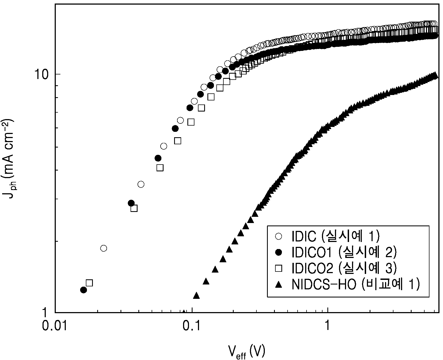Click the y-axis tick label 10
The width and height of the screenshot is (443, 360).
(41, 74)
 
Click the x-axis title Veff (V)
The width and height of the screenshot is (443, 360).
(246, 352)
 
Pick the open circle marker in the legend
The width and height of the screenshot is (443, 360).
(278, 237)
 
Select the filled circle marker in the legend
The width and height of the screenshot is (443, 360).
(278, 253)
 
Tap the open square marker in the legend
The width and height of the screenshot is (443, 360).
(278, 269)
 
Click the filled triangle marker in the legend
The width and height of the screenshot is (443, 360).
(278, 284)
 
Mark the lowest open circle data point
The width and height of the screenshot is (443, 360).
(103, 248)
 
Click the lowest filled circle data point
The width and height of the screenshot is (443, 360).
(84, 290)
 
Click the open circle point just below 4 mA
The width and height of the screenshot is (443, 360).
(141, 184)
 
